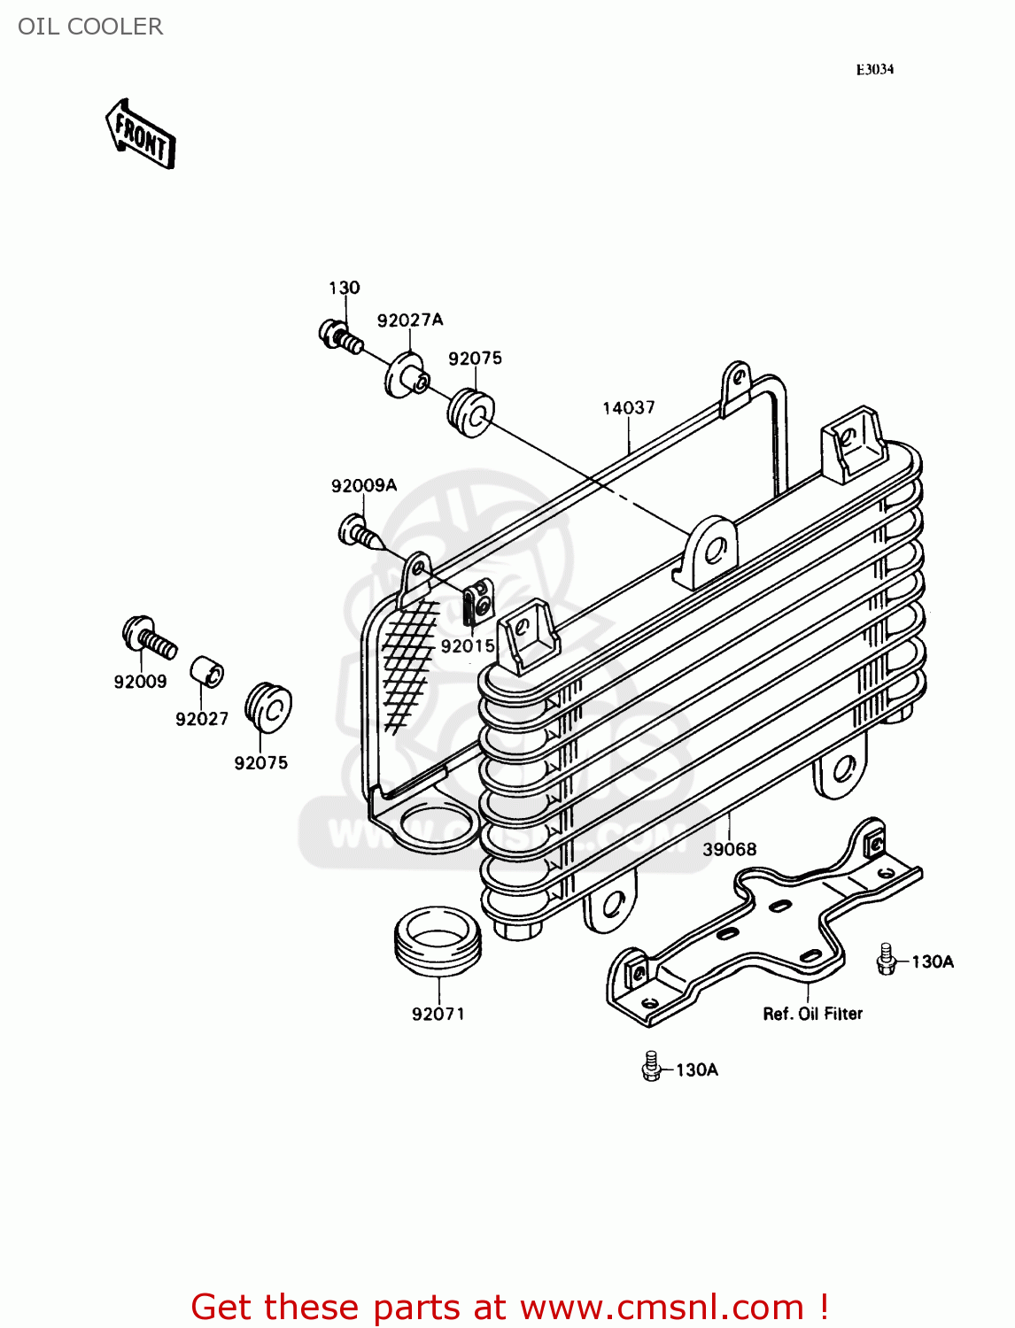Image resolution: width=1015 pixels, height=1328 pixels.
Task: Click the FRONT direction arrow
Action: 141,134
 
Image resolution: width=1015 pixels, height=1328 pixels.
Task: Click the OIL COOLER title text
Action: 90,27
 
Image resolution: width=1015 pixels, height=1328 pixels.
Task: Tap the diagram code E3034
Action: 874,70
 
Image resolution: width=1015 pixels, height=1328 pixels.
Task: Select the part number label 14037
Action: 629,408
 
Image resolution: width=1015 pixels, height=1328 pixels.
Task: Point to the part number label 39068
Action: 730,849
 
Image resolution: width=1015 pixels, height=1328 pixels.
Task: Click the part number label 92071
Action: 438,1014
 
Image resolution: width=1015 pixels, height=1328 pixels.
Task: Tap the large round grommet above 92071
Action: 438,941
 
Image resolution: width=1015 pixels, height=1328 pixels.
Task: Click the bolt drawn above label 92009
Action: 148,637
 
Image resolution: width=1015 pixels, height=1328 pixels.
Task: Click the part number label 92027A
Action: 410,320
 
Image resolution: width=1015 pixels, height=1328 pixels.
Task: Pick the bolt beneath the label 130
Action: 340,336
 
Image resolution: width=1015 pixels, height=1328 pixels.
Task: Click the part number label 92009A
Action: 364,486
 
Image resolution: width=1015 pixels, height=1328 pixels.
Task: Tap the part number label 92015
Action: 468,646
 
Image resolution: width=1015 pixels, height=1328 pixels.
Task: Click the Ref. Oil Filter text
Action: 812,1014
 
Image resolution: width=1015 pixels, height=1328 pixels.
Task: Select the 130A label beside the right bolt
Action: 933,961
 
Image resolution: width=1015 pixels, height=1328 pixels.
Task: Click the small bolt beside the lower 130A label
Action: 652,1067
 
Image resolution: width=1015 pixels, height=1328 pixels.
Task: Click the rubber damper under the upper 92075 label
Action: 470,413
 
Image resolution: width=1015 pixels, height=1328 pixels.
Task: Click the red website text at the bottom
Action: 509,1307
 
